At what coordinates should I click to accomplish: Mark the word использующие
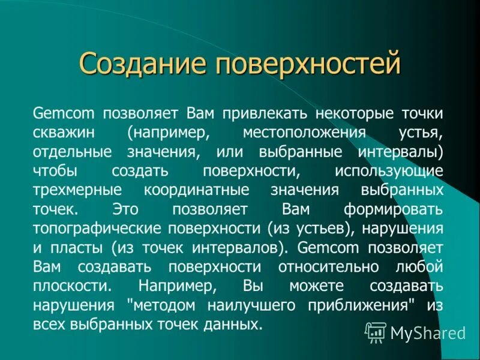(390, 170)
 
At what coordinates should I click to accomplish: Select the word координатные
(193, 190)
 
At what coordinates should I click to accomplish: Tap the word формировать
(394, 209)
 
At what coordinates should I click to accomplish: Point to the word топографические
(108, 229)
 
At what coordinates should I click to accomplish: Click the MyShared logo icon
(376, 331)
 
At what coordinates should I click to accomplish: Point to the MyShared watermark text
(428, 332)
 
